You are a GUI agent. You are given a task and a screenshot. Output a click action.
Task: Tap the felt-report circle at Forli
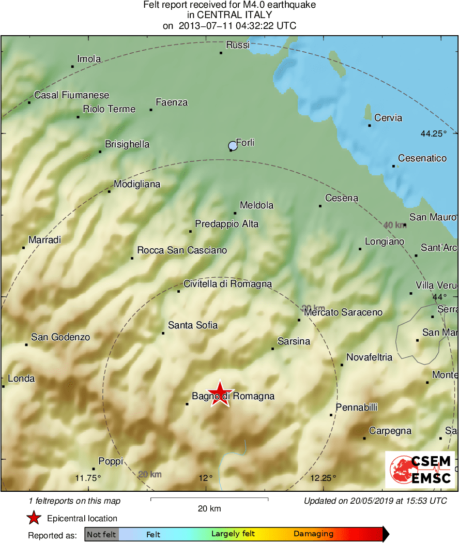233,146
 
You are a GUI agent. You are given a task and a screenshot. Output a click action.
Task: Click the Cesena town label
341,198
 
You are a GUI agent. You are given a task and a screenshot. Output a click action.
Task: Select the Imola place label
89,59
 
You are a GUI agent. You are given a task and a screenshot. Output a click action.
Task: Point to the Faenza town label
172,102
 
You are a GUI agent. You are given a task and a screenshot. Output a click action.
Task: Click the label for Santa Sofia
193,325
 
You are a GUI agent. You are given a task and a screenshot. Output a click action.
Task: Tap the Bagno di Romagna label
233,397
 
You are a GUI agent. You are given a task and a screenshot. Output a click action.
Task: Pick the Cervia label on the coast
388,118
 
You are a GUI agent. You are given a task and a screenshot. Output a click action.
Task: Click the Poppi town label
111,461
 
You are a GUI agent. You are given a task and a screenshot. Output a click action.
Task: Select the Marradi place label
44,240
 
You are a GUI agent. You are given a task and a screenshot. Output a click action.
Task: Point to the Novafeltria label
369,357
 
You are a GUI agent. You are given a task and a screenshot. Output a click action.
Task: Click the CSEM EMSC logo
420,470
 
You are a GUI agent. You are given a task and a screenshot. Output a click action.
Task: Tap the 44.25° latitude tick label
433,133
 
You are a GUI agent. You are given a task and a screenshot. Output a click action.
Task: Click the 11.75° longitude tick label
88,477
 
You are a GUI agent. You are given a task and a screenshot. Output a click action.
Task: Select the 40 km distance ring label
395,225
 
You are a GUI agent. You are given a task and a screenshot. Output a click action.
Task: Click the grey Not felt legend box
102,534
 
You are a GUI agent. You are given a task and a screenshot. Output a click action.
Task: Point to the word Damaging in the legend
313,534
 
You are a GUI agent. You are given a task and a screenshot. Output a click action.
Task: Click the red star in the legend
34,518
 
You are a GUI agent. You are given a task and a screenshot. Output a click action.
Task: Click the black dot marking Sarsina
273,349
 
